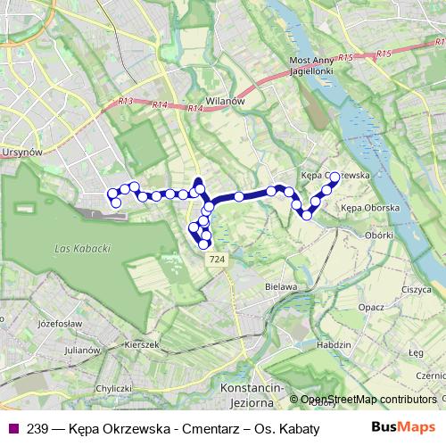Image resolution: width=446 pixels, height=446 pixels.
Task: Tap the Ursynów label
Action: [22, 153]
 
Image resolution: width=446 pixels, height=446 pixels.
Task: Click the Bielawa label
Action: [281, 287]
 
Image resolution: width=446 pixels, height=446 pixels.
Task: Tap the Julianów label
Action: [82, 351]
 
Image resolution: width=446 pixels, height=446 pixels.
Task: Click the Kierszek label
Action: [142, 343]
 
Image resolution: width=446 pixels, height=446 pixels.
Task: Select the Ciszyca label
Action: [416, 289]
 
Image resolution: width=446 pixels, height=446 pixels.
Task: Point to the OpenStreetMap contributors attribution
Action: [368, 400]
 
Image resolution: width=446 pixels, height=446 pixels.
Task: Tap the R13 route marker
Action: [125, 102]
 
